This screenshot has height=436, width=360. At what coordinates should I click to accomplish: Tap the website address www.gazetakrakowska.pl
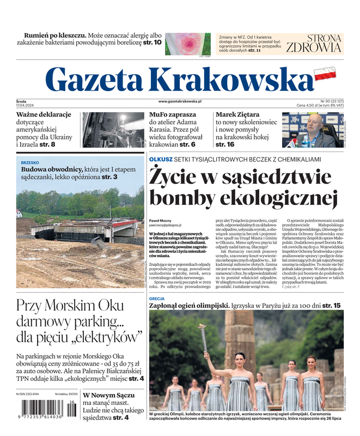click(180, 101)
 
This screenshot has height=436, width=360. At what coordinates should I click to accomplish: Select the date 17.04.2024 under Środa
click(26, 106)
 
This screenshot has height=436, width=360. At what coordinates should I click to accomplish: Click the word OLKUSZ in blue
click(161, 159)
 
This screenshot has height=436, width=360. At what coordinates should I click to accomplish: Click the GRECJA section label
click(157, 299)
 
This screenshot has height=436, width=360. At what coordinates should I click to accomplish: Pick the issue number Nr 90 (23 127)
click(328, 101)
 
